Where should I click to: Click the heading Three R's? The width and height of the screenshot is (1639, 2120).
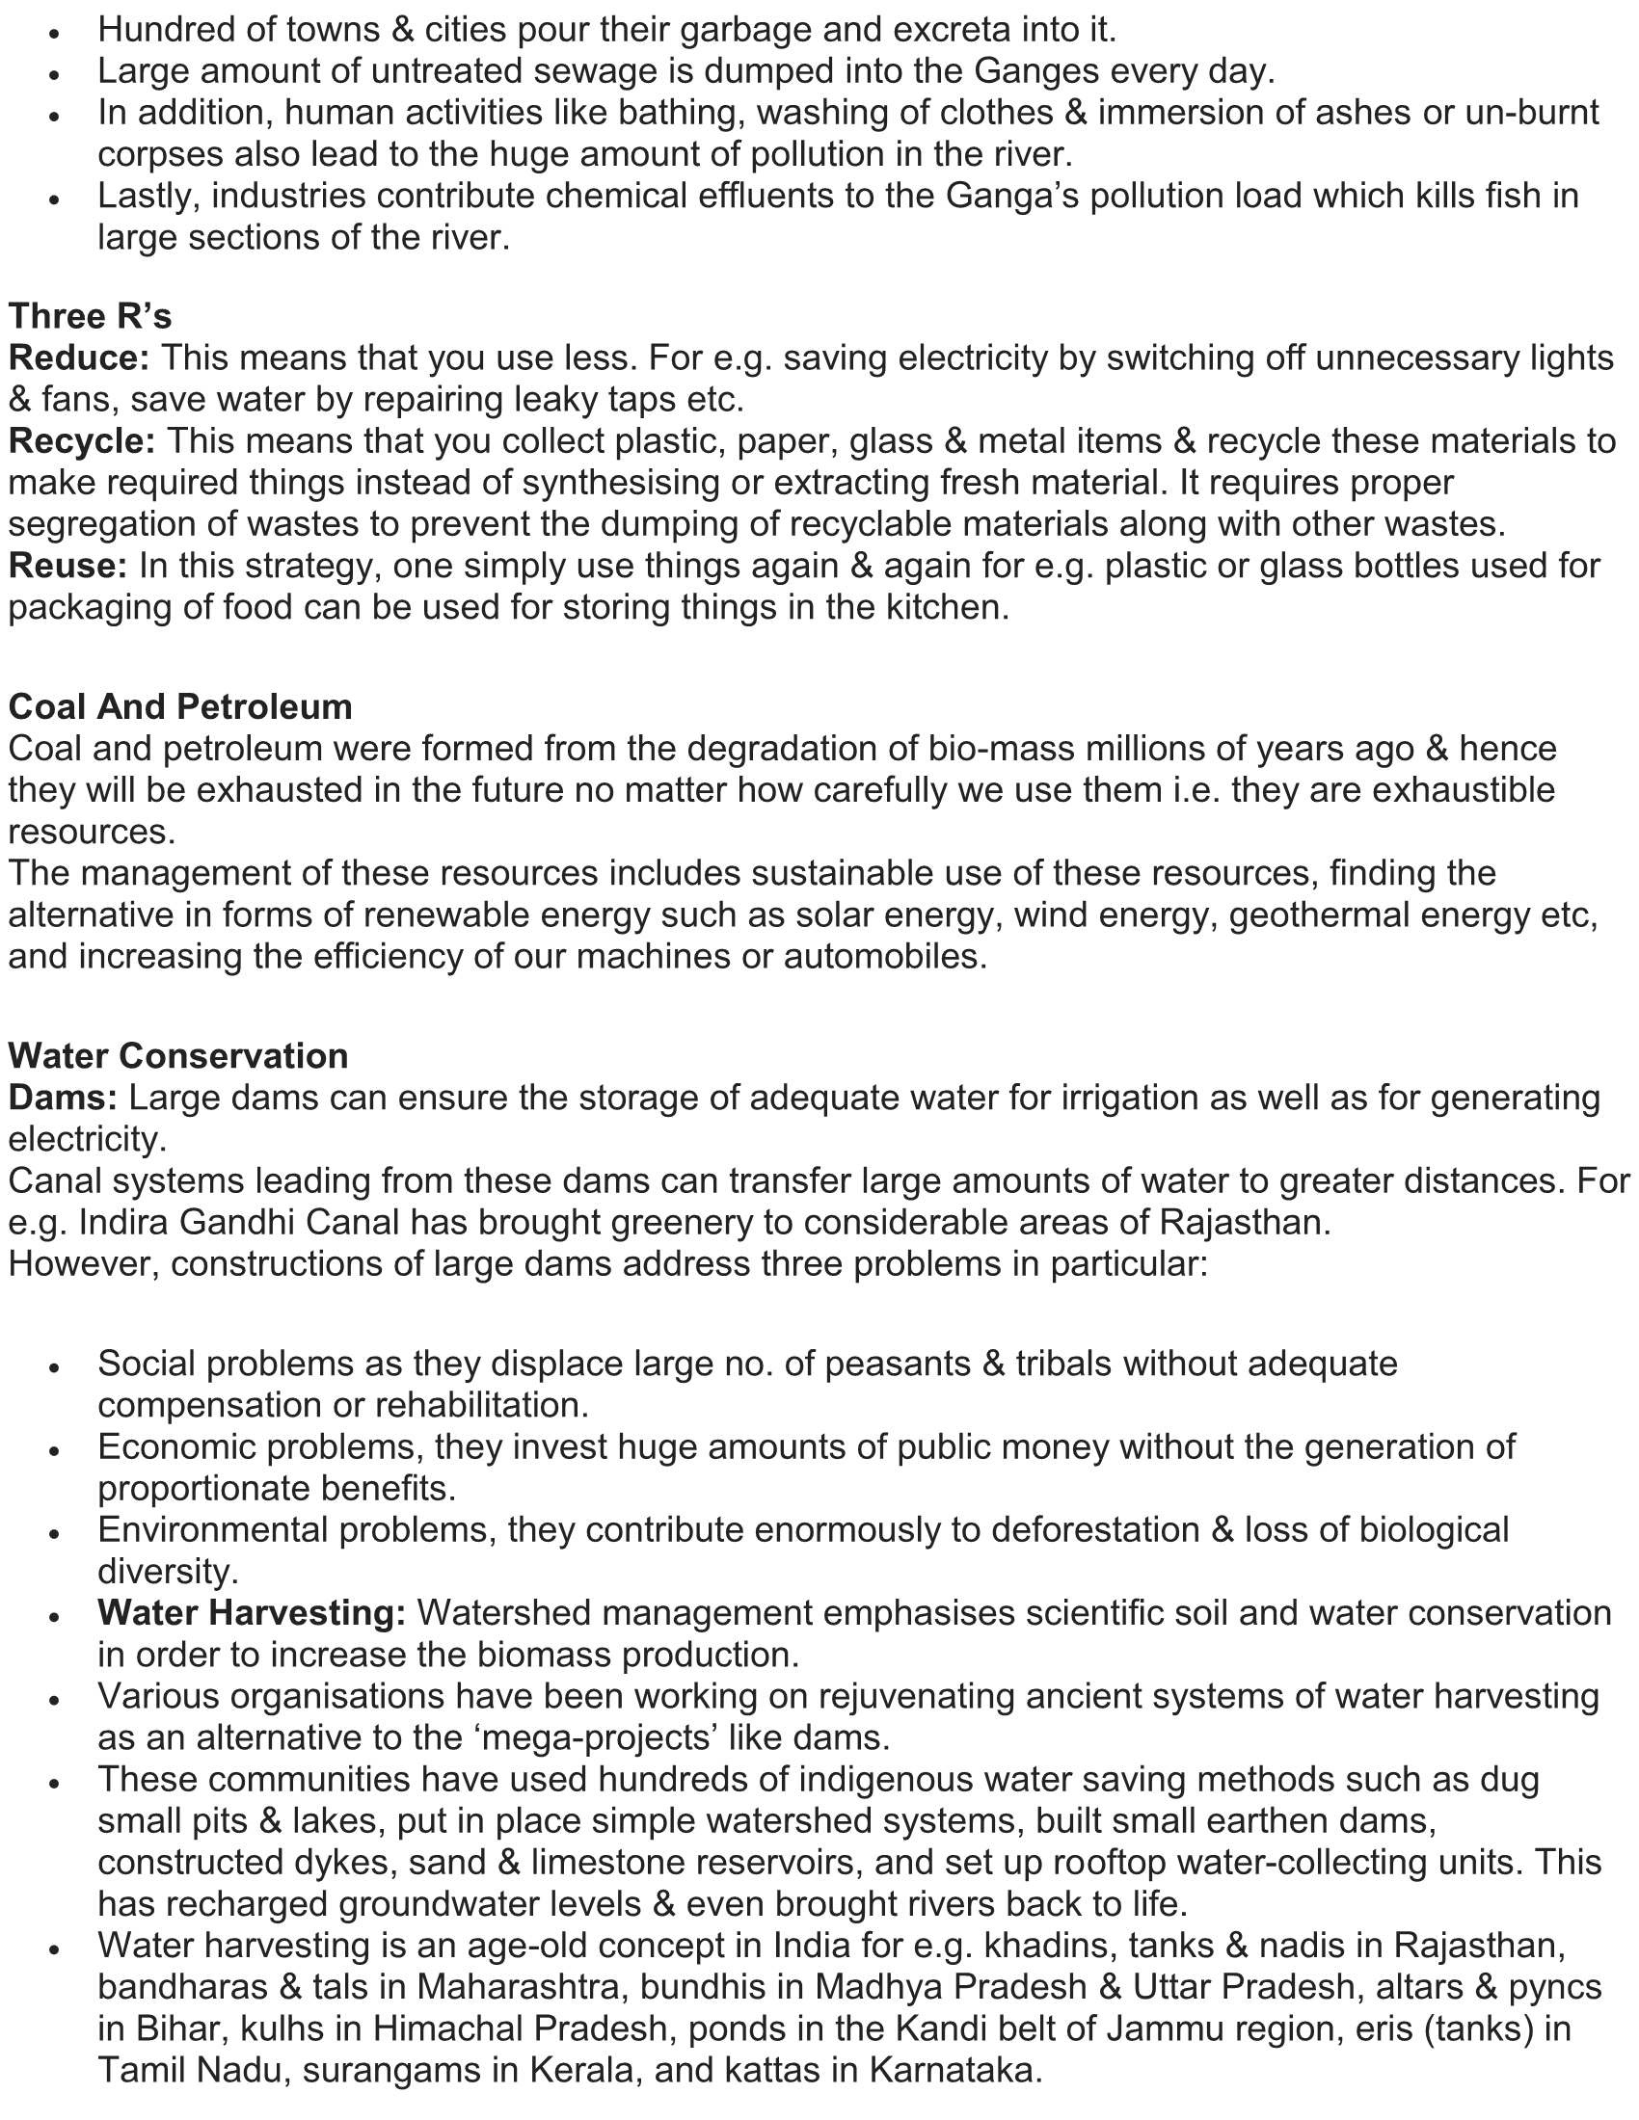coord(91,316)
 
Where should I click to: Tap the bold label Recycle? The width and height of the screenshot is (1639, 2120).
coord(83,440)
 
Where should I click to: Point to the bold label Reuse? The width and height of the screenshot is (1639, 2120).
coord(67,565)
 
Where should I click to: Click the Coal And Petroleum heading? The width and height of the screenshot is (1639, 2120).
coord(180,706)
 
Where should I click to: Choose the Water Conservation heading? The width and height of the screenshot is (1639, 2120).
coord(178,1056)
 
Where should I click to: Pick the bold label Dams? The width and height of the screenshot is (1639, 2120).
coord(63,1098)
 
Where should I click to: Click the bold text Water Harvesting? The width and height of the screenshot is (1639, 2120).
coord(252,1612)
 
